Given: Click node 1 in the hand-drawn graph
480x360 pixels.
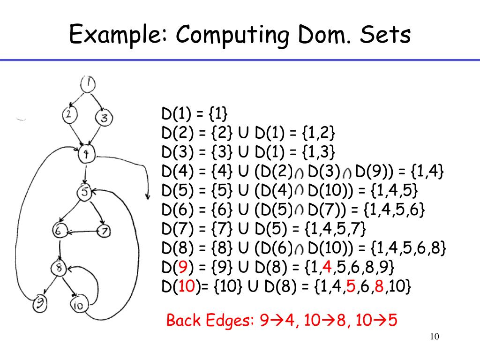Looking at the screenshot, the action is point(88,85).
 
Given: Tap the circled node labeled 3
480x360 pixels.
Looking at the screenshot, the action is point(104,118).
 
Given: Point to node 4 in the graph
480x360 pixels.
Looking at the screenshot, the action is point(86,154).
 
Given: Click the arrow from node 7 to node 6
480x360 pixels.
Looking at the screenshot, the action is point(82,231).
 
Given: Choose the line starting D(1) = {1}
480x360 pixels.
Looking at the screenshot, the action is point(194,114).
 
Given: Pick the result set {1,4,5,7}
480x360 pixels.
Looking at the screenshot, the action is point(335,229).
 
